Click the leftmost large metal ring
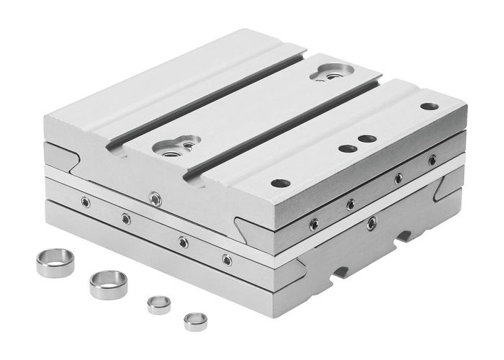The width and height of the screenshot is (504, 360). (x=55, y=262)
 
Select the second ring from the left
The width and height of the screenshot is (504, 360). (x=108, y=284)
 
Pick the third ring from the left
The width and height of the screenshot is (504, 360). (x=159, y=305)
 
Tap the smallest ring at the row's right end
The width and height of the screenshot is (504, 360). (x=195, y=321)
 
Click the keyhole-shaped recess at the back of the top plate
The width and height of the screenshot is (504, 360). (x=332, y=72)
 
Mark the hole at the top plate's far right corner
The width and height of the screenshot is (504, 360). (x=429, y=107)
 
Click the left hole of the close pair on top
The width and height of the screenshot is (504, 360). (x=347, y=148)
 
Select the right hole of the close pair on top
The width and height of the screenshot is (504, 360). (x=367, y=138)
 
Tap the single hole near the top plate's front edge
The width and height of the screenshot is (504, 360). (x=280, y=183)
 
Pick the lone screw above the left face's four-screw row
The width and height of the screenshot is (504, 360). (x=154, y=197)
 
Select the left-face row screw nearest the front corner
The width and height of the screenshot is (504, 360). (x=227, y=259)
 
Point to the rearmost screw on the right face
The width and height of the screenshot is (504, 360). (x=432, y=160)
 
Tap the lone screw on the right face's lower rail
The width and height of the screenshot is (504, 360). (x=372, y=223)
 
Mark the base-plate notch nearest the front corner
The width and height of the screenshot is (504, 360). (x=341, y=273)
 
